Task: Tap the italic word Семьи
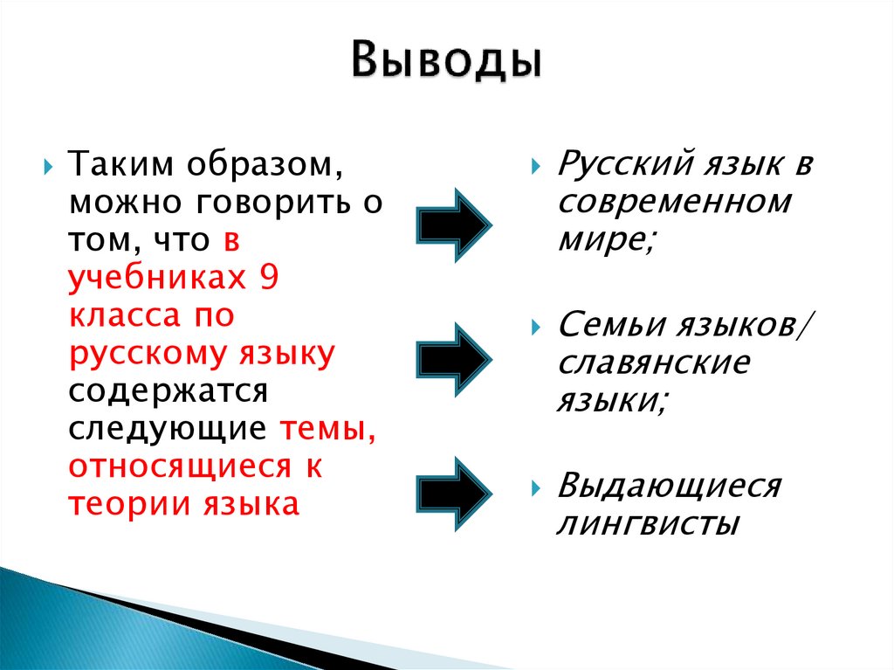click(x=609, y=326)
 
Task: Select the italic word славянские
click(x=653, y=363)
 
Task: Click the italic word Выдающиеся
click(x=669, y=486)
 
